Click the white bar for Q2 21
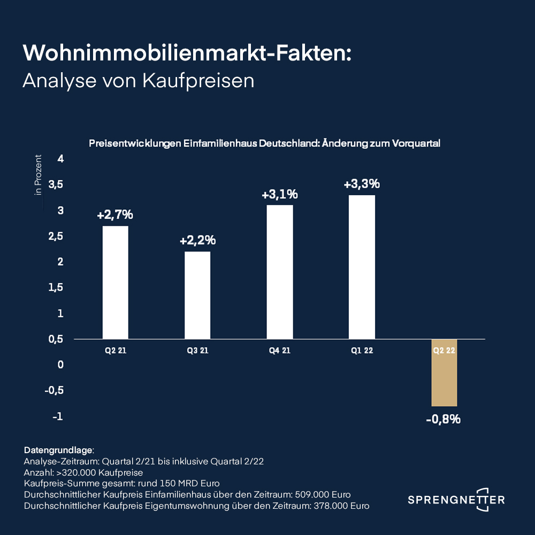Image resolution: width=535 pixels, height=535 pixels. coord(115,282)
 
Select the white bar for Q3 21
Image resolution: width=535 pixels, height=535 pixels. coord(197,295)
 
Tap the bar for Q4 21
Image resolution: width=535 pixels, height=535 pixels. coord(280,272)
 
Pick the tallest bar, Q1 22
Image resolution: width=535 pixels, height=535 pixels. coord(362,266)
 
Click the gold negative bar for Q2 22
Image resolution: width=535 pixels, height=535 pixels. coord(444,373)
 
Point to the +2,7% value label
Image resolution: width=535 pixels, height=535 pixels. coord(115,216)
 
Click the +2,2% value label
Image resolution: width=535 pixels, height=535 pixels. coord(197,241)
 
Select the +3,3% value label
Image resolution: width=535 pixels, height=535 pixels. coord(362,184)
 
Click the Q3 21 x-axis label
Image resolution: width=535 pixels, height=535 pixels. coord(197,351)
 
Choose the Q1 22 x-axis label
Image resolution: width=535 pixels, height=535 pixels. coord(362,351)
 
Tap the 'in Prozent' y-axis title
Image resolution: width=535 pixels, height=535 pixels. coord(38,175)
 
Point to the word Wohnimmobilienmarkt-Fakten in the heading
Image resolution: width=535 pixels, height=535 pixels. coord(187,52)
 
